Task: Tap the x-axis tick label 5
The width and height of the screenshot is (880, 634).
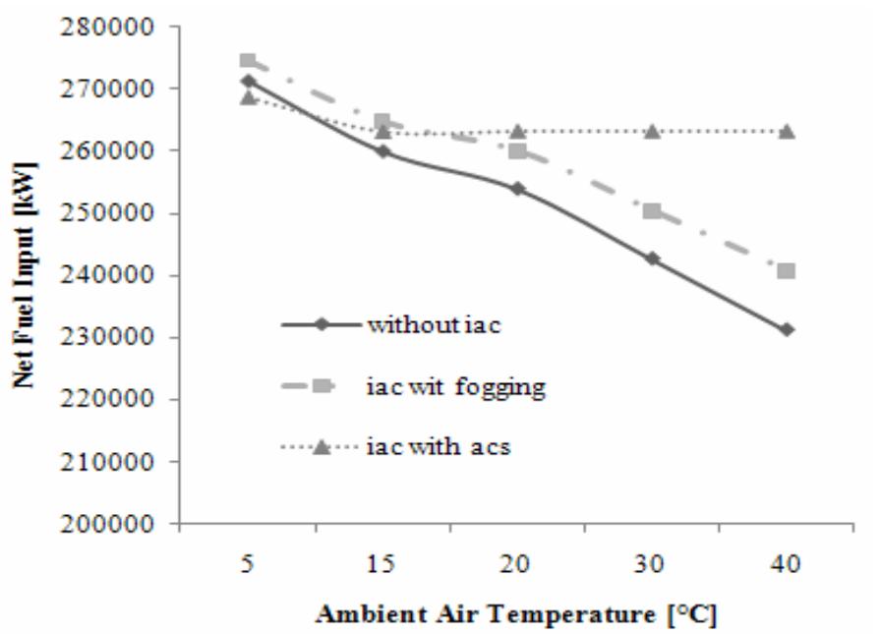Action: [x=248, y=564]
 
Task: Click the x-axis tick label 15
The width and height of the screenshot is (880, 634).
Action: [x=382, y=564]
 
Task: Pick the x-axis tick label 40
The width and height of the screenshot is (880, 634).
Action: [x=787, y=564]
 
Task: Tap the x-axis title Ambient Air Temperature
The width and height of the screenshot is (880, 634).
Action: [x=515, y=614]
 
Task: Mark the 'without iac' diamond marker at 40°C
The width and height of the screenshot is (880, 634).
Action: [x=787, y=329]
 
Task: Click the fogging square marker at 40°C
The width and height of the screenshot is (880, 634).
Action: [x=787, y=271]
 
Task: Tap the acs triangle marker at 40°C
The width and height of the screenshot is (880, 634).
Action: [x=787, y=131]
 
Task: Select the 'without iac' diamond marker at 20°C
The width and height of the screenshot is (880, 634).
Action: [x=517, y=188]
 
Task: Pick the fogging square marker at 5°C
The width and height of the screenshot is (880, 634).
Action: [x=248, y=62]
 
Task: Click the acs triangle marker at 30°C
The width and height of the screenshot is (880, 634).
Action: [x=652, y=131]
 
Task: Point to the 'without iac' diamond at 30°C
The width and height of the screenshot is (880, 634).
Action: [x=652, y=259]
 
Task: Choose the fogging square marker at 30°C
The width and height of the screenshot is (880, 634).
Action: [x=652, y=211]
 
